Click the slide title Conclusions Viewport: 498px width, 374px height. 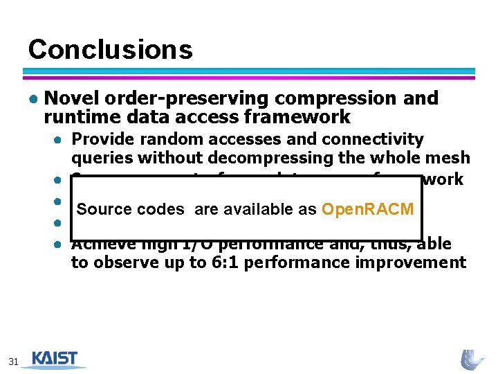(x=110, y=49)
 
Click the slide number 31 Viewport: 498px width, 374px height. (x=13, y=361)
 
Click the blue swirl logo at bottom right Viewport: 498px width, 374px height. (x=472, y=359)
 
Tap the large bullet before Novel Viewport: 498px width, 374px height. (x=33, y=99)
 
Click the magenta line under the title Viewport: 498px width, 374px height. (x=249, y=78)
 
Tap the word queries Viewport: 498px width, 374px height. (x=99, y=157)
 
